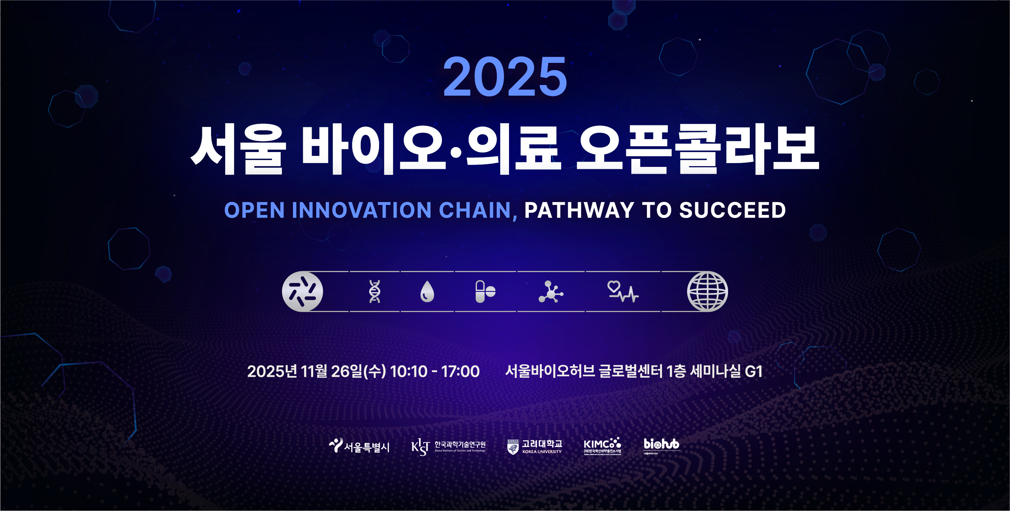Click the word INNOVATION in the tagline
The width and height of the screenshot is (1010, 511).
pos(361,210)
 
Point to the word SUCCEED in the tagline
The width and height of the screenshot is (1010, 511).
pos(732,210)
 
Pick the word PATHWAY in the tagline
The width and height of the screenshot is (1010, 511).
pos(579,210)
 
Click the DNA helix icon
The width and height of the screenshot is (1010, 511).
pos(375,292)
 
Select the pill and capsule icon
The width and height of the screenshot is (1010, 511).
pos(485,292)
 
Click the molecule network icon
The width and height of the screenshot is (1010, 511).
pos(551,292)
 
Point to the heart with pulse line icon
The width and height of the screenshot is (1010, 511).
pos(623,292)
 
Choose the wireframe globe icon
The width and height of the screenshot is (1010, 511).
pos(707,292)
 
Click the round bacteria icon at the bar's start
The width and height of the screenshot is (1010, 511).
pos(302,292)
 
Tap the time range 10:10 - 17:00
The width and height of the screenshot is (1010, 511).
pos(434,372)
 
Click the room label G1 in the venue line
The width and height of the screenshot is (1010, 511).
pos(753,372)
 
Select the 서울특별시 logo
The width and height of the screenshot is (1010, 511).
pos(359,446)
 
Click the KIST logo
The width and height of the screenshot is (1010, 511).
pos(448,447)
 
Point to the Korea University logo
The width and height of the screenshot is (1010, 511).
pos(535,447)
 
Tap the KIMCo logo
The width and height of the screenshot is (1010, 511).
pos(602,446)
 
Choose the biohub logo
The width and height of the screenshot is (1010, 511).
pos(661,445)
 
